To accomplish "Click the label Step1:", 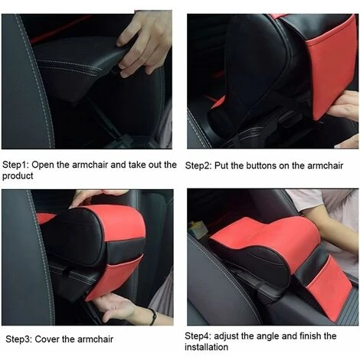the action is [x=15, y=165].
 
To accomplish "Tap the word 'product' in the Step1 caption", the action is [x=18, y=176].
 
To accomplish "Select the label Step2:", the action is [x=198, y=165].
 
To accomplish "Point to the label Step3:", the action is [x=19, y=339].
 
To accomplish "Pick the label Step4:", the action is [x=198, y=336].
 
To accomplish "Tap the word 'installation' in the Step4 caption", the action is [x=206, y=347].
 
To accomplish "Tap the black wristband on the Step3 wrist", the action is [x=153, y=316].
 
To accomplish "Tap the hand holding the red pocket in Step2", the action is [x=343, y=106].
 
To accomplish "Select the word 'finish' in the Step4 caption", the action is [x=310, y=336].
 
